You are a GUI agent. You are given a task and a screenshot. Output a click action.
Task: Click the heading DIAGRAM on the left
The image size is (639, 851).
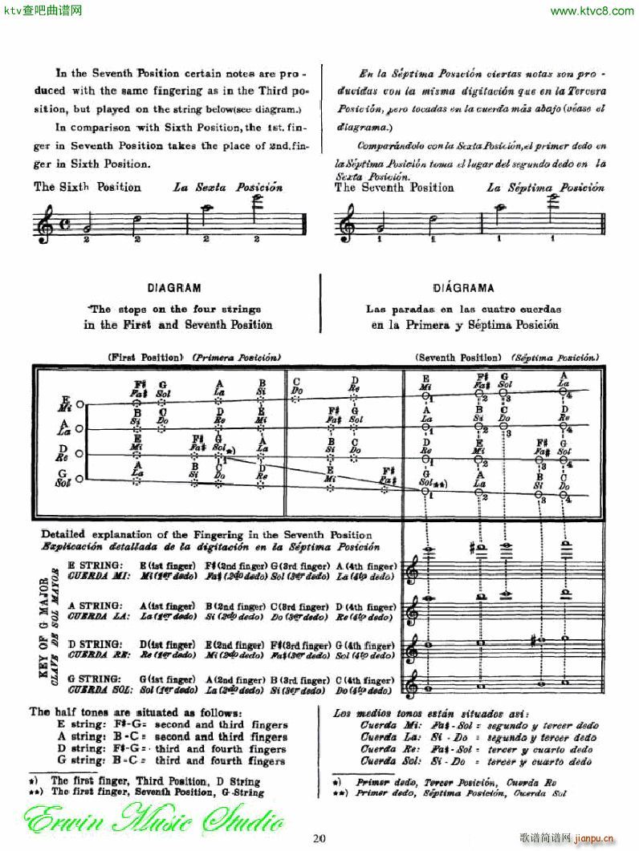pos(173,288)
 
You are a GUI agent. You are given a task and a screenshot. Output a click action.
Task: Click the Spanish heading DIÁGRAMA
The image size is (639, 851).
pos(463,288)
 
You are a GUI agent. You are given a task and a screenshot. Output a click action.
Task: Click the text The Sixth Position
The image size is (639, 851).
pos(88,187)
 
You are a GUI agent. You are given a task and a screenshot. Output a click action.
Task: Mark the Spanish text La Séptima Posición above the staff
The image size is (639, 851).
pos(546,187)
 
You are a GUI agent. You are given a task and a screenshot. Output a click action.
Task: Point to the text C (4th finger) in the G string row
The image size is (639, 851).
pos(367,679)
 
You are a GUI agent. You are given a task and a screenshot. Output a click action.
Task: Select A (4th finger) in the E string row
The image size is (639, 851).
pos(367,565)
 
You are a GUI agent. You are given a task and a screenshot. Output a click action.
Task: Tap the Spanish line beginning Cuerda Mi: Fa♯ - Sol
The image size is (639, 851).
pos(479,725)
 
